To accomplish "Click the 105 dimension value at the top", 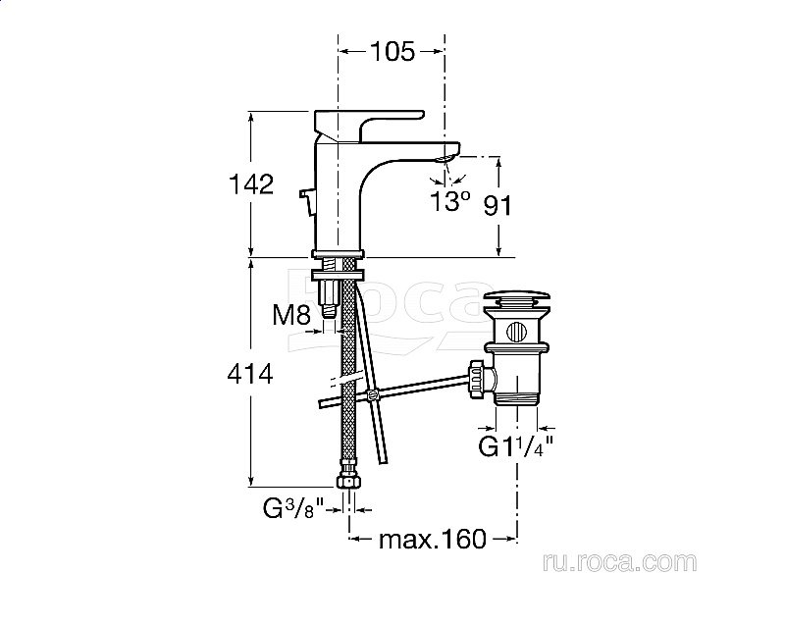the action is click(392, 51).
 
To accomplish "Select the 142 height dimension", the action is click(251, 184).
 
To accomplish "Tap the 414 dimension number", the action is click(250, 374).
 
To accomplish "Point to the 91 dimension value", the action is click(497, 206).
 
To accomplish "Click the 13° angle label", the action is click(450, 201).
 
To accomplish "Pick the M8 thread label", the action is click(291, 315).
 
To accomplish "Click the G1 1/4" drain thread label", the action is click(516, 446).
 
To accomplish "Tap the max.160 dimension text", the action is click(433, 539).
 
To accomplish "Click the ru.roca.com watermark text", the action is click(619, 562).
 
